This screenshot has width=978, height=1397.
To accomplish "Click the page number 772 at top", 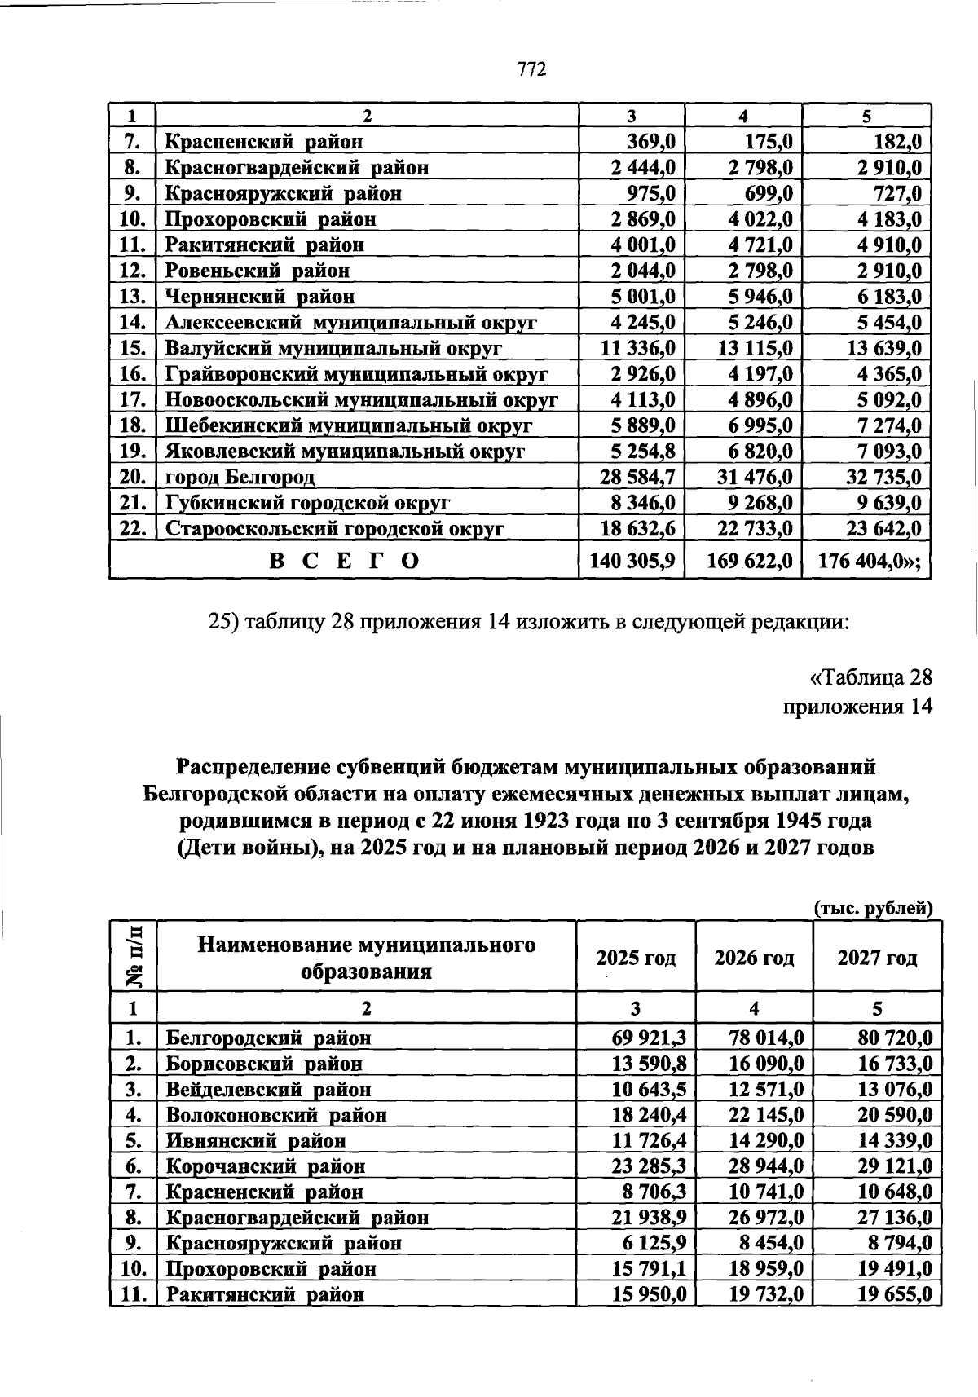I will click(531, 69).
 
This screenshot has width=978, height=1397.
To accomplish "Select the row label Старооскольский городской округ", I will click(335, 529).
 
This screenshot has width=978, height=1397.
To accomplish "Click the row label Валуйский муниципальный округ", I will click(333, 349).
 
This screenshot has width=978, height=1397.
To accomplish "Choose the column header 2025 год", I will click(636, 958).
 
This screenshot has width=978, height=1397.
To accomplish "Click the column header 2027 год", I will click(877, 958).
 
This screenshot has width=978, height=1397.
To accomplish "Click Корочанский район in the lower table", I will click(266, 1166).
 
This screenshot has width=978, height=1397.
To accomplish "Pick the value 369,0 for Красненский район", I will click(650, 142).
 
